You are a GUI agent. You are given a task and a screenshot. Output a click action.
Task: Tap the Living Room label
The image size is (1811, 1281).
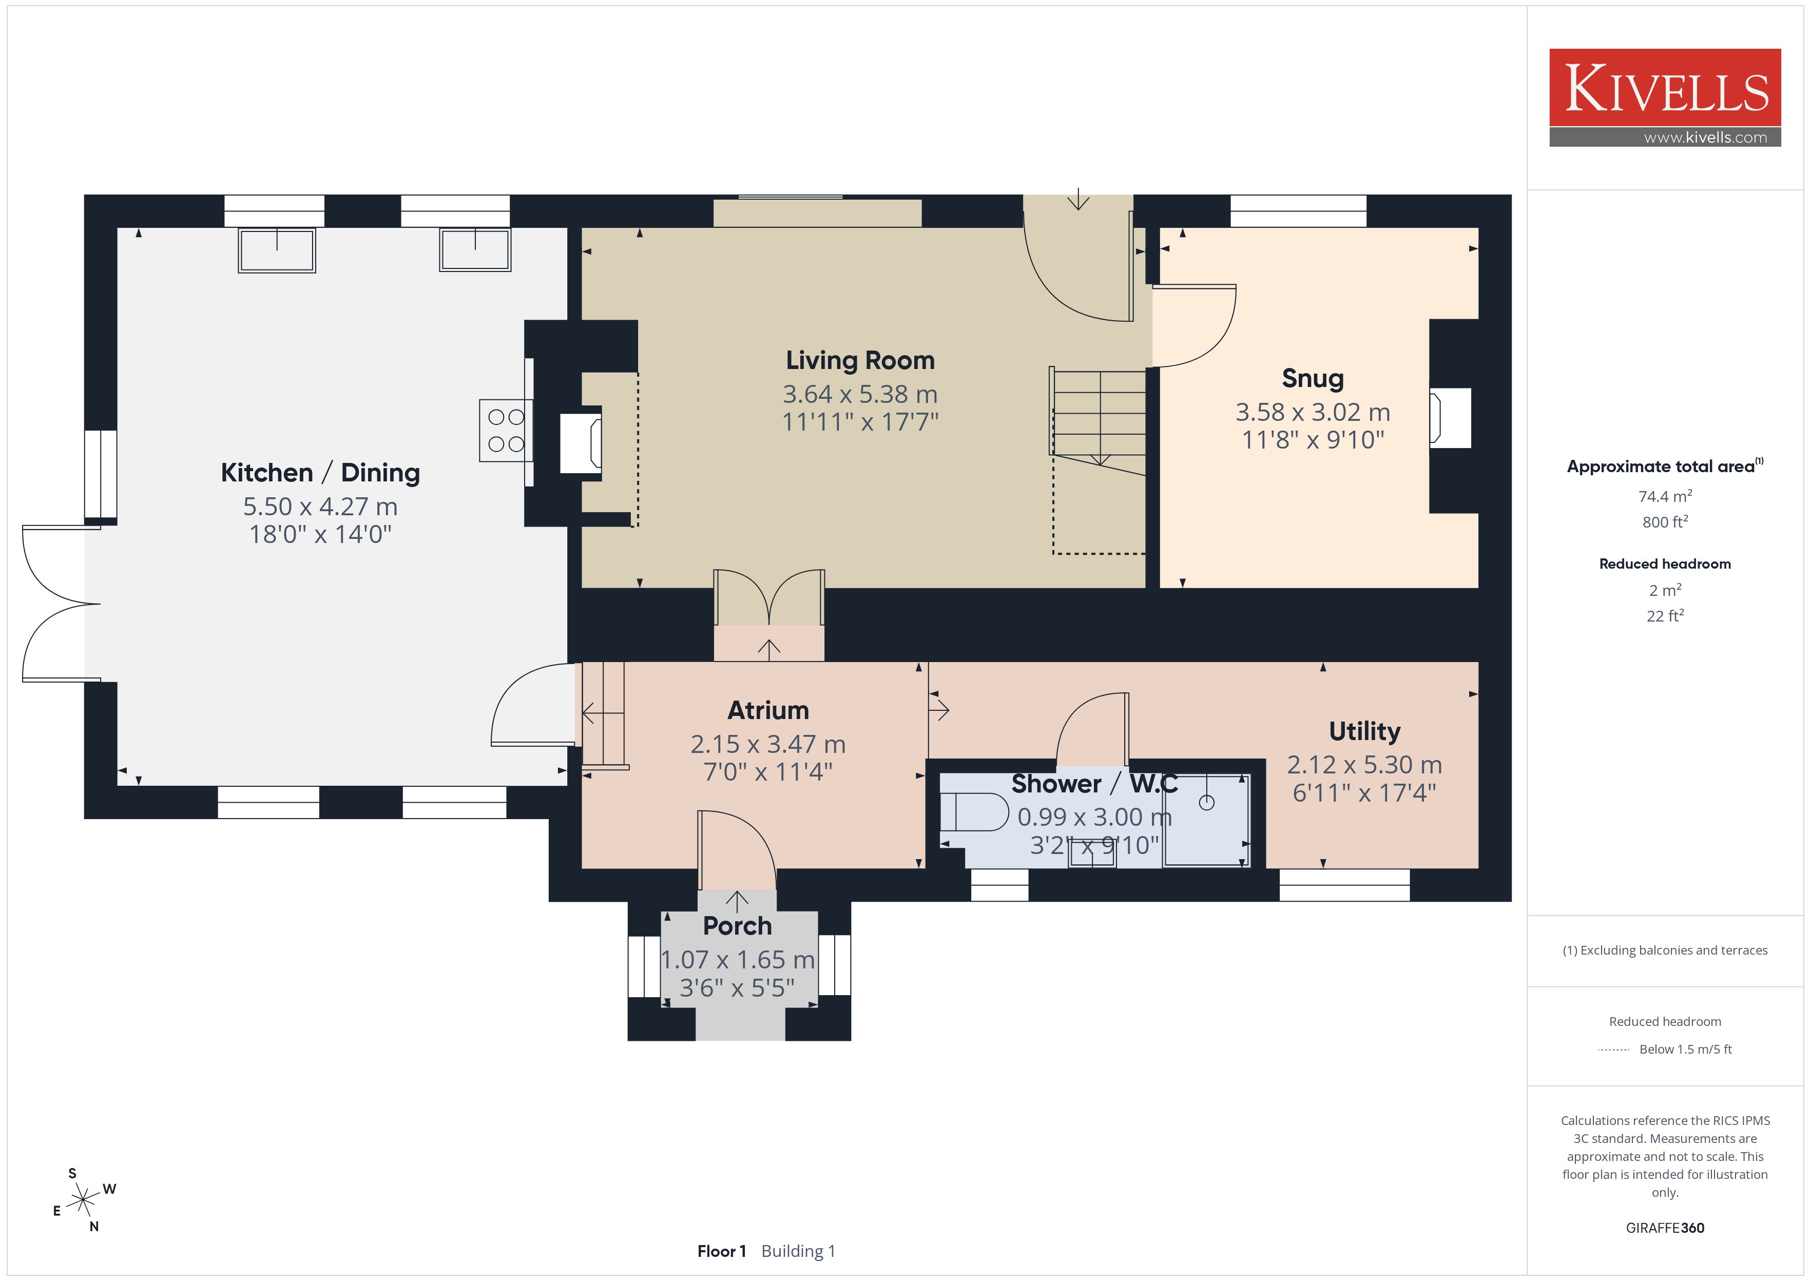tap(860, 360)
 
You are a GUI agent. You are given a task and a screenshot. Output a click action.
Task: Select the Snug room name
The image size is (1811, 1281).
tap(1313, 379)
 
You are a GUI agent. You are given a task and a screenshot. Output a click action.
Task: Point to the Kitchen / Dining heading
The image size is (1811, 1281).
tap(320, 473)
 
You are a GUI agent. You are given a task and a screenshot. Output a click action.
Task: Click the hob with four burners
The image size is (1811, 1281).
tap(506, 430)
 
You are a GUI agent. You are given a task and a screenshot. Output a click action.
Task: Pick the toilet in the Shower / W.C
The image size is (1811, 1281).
tap(974, 812)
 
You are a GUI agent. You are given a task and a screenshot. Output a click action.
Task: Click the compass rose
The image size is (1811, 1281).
tap(82, 1200)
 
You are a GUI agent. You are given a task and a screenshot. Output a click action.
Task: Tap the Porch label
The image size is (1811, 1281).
tap(737, 925)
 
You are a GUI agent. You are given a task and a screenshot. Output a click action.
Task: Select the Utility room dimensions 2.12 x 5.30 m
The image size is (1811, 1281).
tap(1364, 764)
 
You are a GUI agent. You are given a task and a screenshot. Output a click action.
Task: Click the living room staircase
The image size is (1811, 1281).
tap(1098, 422)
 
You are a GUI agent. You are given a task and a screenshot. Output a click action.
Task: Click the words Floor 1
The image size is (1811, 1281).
tap(721, 1251)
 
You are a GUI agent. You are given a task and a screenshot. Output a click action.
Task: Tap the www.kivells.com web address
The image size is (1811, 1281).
tap(1705, 137)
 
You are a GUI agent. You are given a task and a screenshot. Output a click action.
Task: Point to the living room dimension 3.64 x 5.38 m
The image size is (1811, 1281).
tap(860, 394)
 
